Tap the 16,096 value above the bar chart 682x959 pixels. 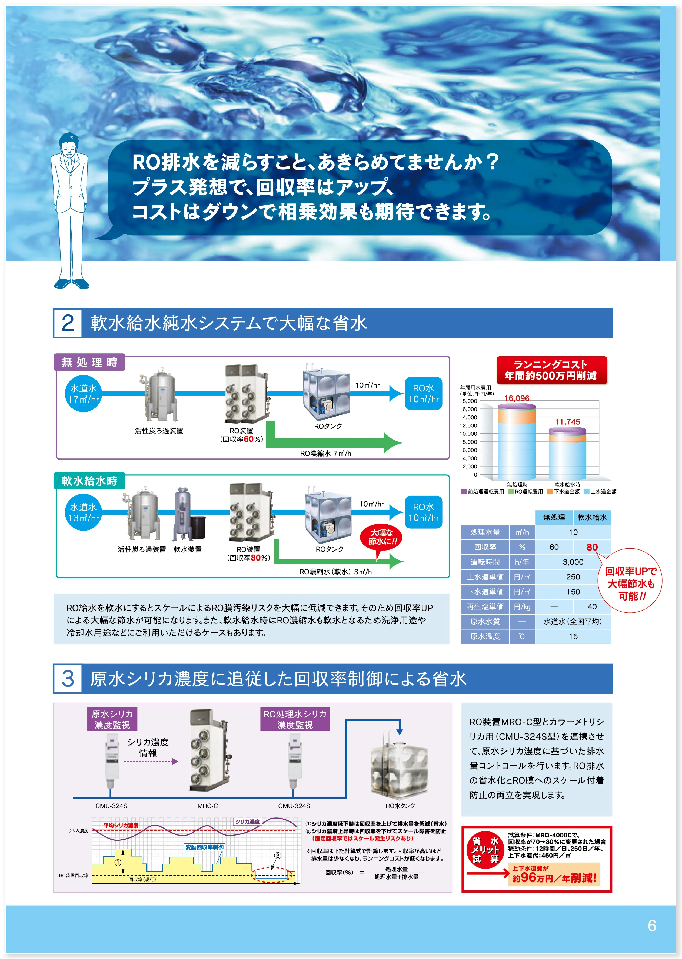point(517,398)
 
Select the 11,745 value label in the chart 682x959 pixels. point(567,422)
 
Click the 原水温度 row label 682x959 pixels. point(485,636)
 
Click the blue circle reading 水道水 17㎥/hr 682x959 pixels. point(84,393)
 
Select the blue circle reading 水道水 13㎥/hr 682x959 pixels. point(84,512)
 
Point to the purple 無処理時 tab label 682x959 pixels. point(89,362)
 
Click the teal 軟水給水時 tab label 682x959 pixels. point(89,481)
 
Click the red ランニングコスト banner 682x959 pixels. point(552,370)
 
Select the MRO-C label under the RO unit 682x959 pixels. point(207,806)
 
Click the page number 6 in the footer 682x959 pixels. point(652,926)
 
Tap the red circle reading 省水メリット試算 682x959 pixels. point(485,850)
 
